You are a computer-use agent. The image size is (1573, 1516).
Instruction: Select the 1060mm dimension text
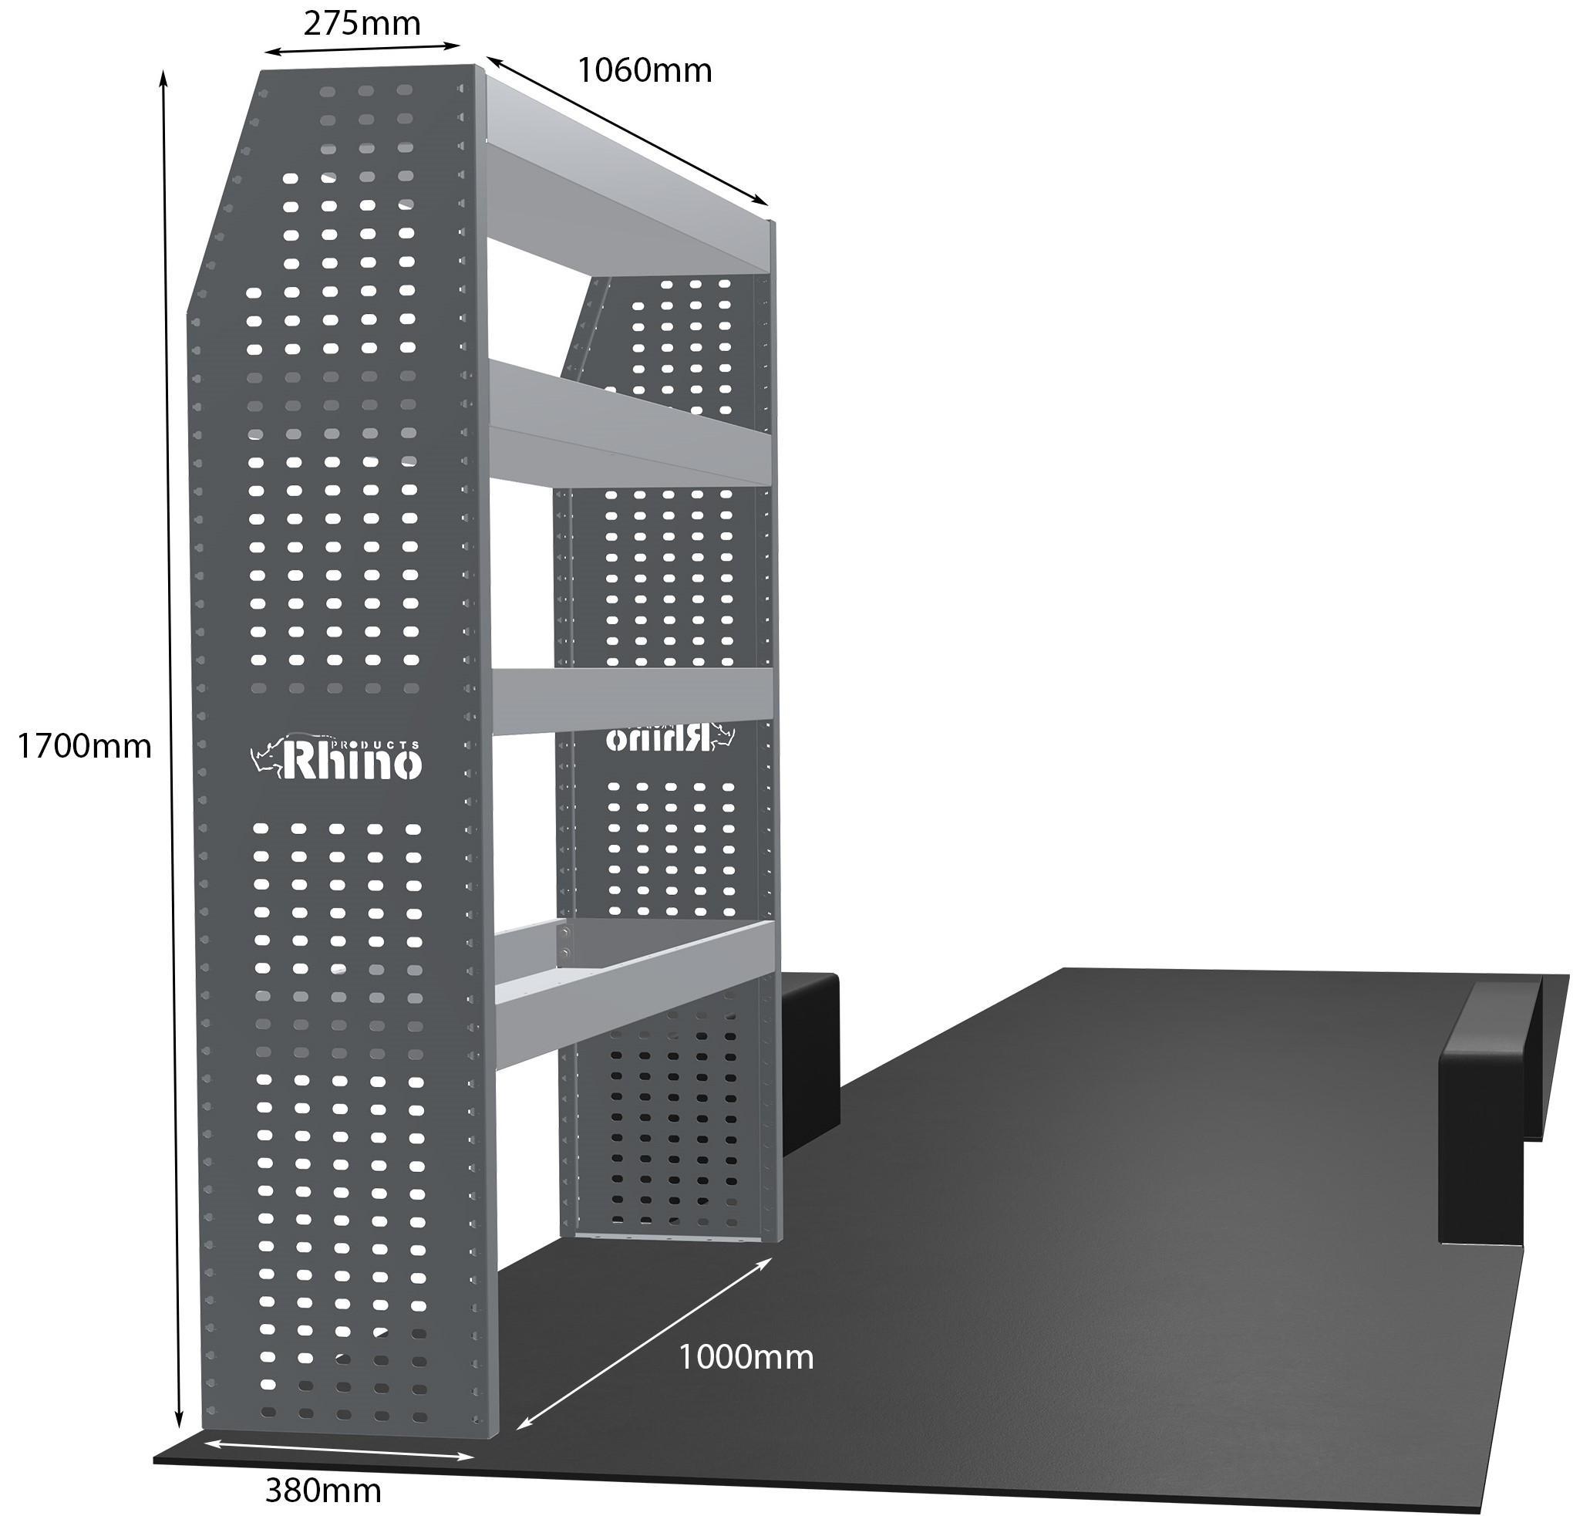pyautogui.click(x=645, y=72)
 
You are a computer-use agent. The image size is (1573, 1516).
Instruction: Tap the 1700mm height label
pyautogui.click(x=84, y=747)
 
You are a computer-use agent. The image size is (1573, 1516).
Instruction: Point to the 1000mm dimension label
pyautogui.click(x=746, y=1358)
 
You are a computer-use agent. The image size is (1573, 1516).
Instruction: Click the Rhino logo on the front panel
pyautogui.click(x=336, y=755)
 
